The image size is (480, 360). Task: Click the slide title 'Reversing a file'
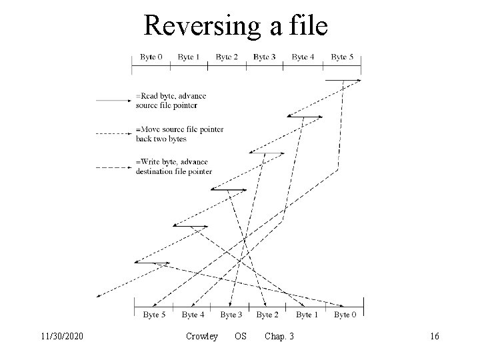(236, 26)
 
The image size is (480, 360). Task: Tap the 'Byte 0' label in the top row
(151, 57)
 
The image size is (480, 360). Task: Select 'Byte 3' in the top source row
(265, 57)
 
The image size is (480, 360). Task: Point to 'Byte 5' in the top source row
(342, 57)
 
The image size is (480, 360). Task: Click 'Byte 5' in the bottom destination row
(155, 314)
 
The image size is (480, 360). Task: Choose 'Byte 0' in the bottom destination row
(345, 314)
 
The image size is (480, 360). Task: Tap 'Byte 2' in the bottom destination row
(268, 314)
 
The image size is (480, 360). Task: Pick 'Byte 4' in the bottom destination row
(193, 314)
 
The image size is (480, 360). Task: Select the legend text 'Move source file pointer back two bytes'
(179, 134)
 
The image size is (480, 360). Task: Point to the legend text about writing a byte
(173, 167)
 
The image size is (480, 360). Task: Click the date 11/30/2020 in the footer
(61, 337)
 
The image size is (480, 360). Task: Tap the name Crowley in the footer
(202, 337)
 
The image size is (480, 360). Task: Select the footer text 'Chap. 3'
(279, 337)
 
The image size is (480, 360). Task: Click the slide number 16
(434, 337)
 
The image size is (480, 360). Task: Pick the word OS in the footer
(241, 337)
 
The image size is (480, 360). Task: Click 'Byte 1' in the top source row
(189, 57)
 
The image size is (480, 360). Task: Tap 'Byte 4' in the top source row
(303, 57)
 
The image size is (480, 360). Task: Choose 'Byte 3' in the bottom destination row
(231, 314)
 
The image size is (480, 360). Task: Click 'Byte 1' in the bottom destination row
(307, 314)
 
